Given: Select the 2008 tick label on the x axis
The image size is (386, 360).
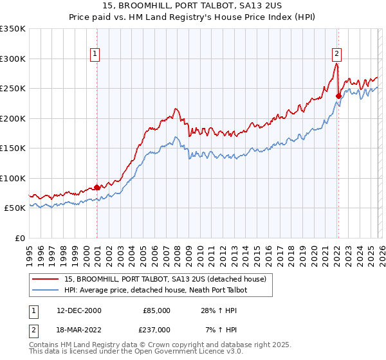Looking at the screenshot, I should tap(177, 251).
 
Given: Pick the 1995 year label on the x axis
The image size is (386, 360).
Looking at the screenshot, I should tap(30, 251).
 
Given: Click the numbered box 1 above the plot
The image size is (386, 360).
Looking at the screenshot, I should tap(95, 55).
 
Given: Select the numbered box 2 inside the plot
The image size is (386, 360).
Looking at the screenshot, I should tap(336, 55).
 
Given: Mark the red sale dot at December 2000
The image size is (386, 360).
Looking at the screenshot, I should tap(97, 187).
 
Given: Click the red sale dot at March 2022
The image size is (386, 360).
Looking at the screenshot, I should tap(338, 96).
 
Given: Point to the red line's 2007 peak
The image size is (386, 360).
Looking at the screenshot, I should tap(176, 109).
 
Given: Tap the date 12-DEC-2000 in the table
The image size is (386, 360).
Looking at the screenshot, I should tap(79, 310).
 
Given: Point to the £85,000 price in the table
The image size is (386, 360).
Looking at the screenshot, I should tap(156, 310).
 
